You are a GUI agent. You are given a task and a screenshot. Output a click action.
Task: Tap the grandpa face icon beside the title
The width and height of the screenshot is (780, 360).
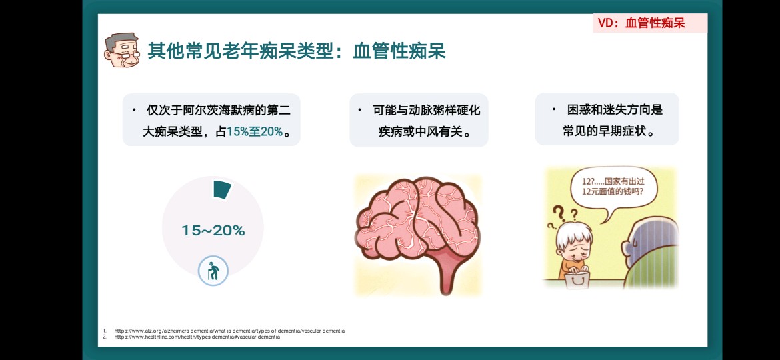[x=122, y=50]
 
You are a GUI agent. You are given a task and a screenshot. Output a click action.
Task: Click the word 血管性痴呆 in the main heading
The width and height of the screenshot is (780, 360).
[x=399, y=51]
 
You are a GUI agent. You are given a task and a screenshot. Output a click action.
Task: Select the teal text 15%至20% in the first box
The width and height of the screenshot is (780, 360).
[x=255, y=132]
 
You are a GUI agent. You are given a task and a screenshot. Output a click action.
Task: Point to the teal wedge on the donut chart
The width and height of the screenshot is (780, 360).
[x=222, y=190]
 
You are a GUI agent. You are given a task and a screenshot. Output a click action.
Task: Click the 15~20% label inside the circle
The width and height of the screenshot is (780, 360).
[x=213, y=231]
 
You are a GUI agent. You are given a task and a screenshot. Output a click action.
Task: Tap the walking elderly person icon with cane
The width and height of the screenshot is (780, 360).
[x=213, y=271]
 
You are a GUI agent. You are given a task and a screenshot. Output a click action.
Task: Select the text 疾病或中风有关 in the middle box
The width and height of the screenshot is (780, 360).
[x=419, y=132]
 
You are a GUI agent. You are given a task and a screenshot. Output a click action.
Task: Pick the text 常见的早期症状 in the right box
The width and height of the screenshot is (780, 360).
[x=603, y=131]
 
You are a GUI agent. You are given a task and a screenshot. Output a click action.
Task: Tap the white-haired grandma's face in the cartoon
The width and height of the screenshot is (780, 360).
[x=575, y=245]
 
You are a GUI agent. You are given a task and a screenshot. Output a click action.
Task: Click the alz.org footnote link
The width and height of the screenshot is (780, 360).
[x=229, y=331]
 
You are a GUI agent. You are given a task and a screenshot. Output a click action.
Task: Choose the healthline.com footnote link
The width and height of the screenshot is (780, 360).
[x=197, y=337]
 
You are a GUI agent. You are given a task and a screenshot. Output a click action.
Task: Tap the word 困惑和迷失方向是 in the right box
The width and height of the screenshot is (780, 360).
[x=615, y=110]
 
